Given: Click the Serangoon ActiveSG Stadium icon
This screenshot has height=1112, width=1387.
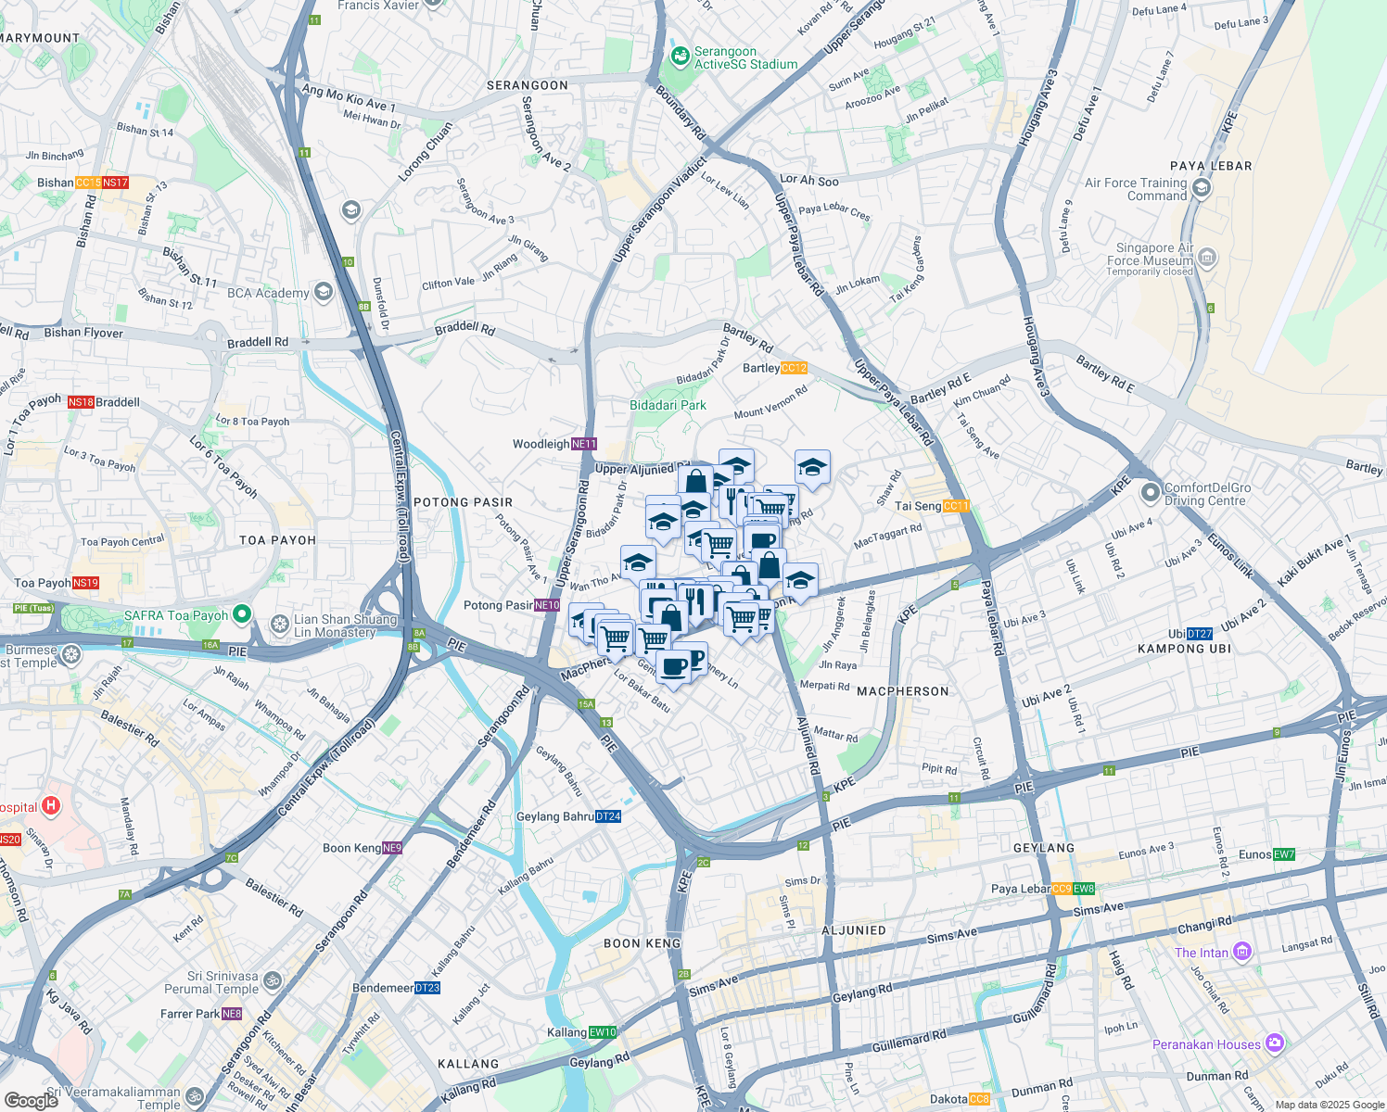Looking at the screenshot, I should pyautogui.click(x=681, y=57).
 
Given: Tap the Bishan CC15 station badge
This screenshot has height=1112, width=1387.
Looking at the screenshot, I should pyautogui.click(x=88, y=183).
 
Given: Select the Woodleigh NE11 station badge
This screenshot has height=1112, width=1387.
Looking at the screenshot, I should pyautogui.click(x=584, y=444).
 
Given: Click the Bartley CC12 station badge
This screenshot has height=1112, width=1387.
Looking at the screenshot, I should pyautogui.click(x=795, y=368).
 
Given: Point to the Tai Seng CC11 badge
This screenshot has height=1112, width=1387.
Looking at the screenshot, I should pyautogui.click(x=956, y=506).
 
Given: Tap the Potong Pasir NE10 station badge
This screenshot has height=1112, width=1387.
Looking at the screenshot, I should pyautogui.click(x=547, y=605).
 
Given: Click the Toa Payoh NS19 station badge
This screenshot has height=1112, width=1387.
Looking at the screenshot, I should pyautogui.click(x=85, y=583).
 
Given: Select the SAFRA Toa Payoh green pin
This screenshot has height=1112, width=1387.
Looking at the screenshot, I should pyautogui.click(x=242, y=614).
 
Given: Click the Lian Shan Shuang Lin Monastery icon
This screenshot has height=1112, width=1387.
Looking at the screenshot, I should pyautogui.click(x=280, y=625).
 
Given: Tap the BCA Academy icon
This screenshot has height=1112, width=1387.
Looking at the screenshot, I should pyautogui.click(x=323, y=293).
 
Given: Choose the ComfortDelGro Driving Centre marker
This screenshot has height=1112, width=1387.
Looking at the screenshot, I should pyautogui.click(x=1151, y=493).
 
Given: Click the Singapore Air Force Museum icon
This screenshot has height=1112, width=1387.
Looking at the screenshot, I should pyautogui.click(x=1207, y=259).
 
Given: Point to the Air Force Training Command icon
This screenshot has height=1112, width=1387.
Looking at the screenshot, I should pyautogui.click(x=1202, y=189).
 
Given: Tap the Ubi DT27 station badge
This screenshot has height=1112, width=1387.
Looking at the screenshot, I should pyautogui.click(x=1200, y=634).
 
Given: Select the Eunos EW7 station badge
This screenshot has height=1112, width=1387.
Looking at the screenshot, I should pyautogui.click(x=1284, y=854).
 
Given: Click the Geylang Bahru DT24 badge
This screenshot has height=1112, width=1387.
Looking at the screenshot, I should pyautogui.click(x=608, y=816).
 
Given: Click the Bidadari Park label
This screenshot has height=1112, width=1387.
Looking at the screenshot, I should pyautogui.click(x=668, y=405).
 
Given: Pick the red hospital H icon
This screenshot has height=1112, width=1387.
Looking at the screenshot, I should pyautogui.click(x=51, y=806).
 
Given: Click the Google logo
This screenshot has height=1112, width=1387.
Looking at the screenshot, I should pyautogui.click(x=31, y=1100).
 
